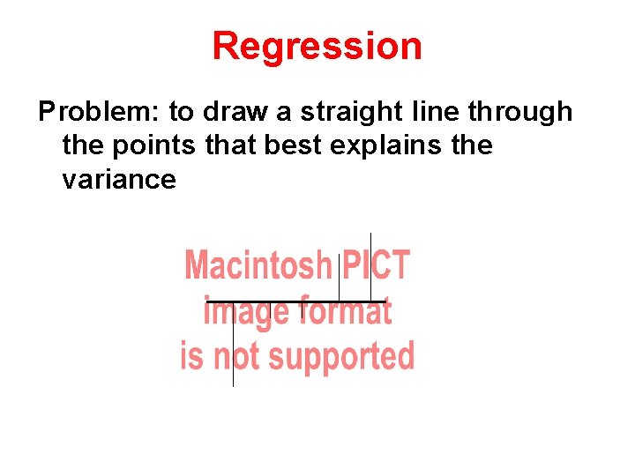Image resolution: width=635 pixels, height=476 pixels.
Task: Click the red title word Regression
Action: (317, 46)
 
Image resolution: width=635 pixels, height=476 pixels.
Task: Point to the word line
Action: (435, 112)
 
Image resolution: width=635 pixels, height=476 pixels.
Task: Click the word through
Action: (520, 113)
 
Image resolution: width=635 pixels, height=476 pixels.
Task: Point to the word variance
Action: (119, 180)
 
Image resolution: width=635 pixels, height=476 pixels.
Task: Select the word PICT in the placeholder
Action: (377, 265)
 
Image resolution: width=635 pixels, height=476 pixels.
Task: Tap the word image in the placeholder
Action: (246, 312)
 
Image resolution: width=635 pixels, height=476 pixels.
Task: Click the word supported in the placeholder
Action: (341, 357)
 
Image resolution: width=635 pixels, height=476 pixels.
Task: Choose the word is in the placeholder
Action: (192, 357)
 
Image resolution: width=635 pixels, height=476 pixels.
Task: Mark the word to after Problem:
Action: (181, 113)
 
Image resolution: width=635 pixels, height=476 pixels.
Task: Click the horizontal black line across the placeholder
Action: (291, 301)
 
